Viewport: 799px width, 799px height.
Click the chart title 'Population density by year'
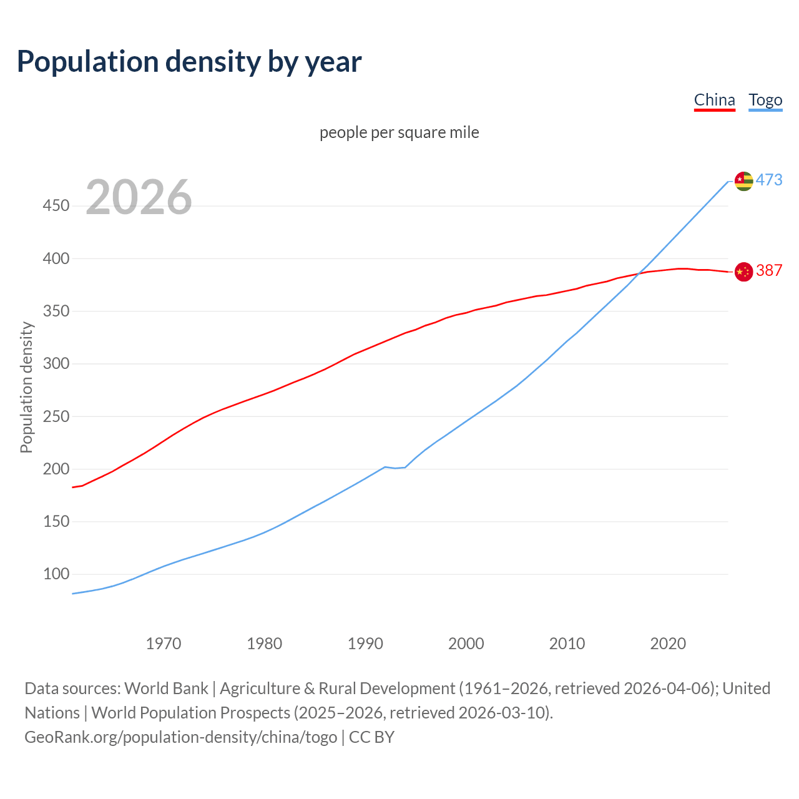189,62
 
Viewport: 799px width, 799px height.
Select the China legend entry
714,100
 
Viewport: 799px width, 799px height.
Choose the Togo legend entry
765,100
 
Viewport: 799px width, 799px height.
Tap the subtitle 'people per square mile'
399,133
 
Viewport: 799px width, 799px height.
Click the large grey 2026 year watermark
139,197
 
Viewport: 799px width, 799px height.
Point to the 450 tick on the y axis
56,205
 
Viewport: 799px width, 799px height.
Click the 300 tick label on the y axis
56,363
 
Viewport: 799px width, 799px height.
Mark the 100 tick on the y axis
56,574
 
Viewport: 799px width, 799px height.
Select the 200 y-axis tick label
56,469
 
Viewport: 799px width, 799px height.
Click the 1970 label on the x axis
164,644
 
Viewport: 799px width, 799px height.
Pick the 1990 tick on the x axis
365,644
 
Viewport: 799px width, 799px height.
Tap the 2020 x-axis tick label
668,644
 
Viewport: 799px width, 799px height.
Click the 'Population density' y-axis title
26,387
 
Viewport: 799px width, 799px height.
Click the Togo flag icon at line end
743,181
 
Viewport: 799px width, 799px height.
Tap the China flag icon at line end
743,272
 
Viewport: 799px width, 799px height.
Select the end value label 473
769,180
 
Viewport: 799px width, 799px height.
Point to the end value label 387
769,270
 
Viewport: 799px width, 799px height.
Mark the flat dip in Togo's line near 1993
395,468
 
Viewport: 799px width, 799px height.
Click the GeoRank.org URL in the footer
181,737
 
